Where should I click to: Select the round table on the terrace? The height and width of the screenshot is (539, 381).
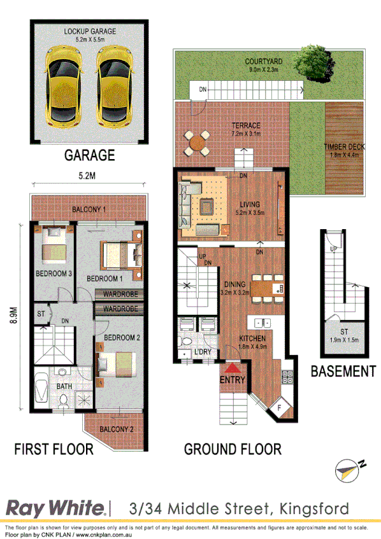[198, 143]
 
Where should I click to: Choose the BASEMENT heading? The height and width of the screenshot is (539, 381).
[343, 371]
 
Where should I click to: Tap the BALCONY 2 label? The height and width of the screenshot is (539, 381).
[117, 430]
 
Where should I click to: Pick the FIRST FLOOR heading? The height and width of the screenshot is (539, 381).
[54, 449]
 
